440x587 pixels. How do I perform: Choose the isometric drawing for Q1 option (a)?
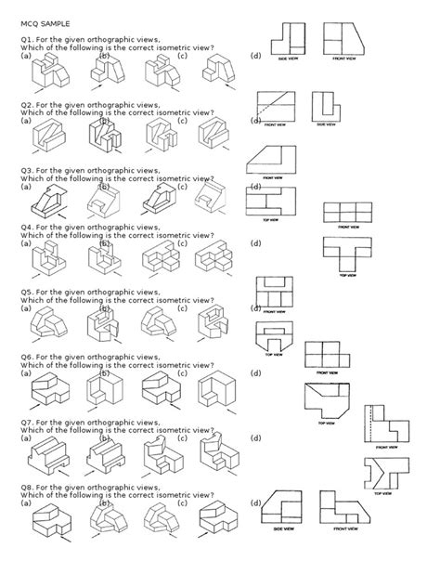tap(46, 74)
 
